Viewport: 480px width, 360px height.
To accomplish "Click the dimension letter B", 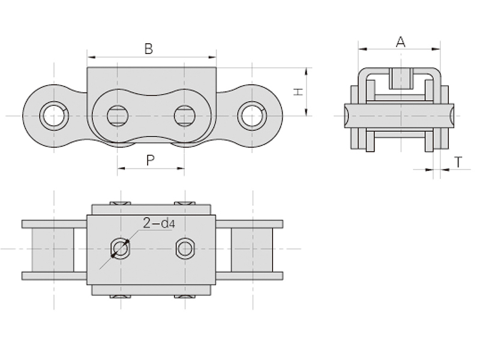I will coord(148,49).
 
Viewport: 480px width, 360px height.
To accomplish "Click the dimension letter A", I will coord(401,41).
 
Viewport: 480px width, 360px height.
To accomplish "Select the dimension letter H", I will coord(296,92).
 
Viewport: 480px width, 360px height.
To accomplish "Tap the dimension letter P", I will coord(150,160).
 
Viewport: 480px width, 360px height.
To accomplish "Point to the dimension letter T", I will coord(458,161).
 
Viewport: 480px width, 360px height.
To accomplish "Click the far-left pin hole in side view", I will coord(54,115).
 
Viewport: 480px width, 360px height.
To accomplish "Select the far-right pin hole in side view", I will coord(252,115).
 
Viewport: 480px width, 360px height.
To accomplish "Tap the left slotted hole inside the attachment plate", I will coord(118,115).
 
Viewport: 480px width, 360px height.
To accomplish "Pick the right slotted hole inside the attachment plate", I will coord(184,115).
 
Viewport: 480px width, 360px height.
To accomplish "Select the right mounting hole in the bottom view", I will coord(185,248).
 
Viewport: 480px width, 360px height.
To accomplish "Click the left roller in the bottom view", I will coord(53,249).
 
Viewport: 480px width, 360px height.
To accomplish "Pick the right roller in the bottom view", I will coord(252,249).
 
